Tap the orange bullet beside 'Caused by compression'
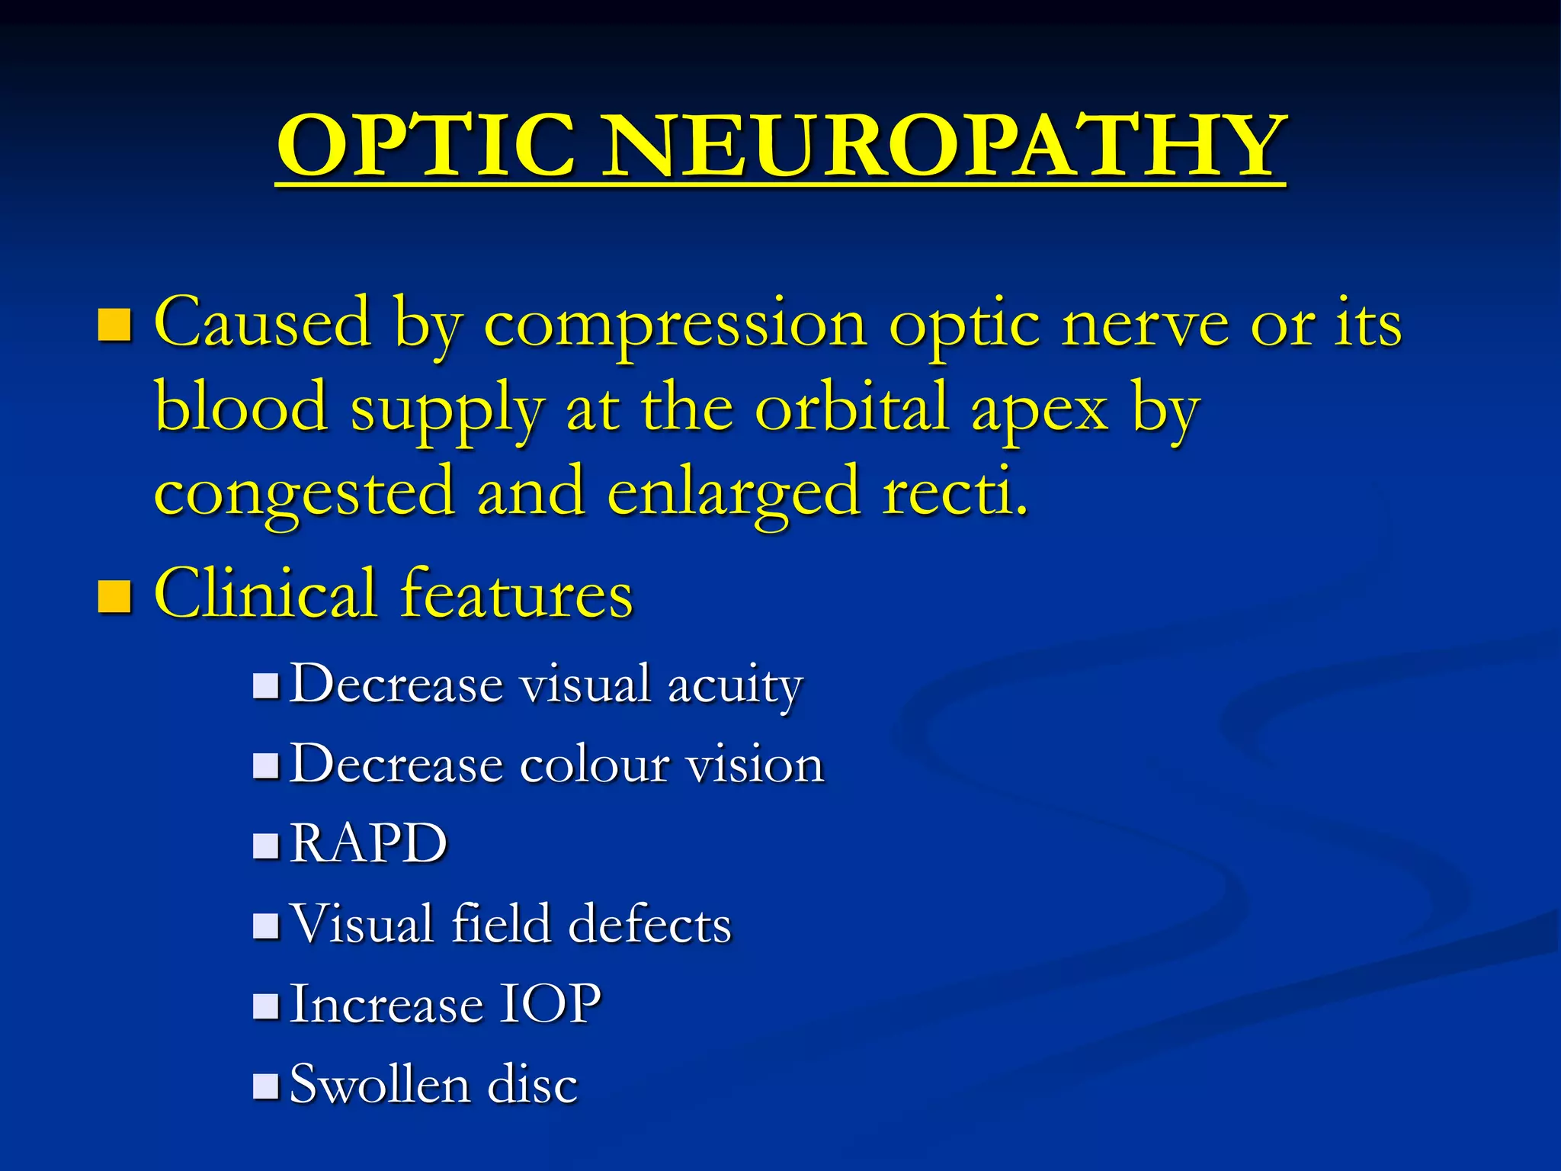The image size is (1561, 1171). tap(115, 325)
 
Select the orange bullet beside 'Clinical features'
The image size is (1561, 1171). tap(115, 596)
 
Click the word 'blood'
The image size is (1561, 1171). tap(241, 407)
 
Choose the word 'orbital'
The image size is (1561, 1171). tap(852, 407)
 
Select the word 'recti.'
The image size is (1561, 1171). tap(956, 492)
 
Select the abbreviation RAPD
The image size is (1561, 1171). tap(369, 844)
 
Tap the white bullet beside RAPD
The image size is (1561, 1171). tap(266, 845)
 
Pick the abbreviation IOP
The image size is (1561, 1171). tap(550, 1004)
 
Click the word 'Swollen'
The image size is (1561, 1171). tap(379, 1084)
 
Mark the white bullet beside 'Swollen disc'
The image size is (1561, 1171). tap(266, 1086)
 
